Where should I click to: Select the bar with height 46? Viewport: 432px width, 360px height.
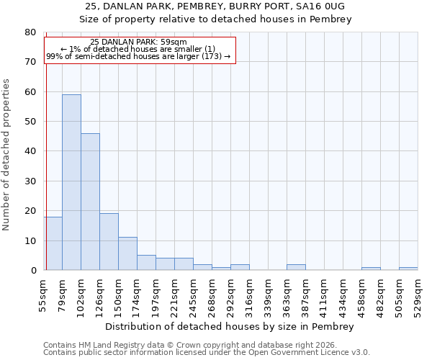pos(90,202)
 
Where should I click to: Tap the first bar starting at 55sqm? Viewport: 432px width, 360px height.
pos(53,243)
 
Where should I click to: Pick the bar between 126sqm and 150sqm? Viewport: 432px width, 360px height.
pos(109,242)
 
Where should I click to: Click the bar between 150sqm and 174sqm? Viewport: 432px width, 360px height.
pos(127,253)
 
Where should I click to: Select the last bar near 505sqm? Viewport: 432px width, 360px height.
pos(408,269)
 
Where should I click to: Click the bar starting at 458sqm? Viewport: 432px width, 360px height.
pos(371,269)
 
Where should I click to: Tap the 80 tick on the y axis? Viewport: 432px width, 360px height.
pos(30,32)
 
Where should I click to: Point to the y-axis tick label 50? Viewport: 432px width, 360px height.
pos(30,122)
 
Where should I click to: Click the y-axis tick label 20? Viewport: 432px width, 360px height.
pos(30,211)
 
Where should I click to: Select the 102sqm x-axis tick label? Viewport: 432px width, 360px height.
pos(81,294)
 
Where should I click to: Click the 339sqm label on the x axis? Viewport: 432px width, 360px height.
pos(269,294)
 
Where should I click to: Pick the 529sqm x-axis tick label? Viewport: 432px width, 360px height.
pos(418,294)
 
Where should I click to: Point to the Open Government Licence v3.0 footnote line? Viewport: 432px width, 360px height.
pos(206,352)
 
